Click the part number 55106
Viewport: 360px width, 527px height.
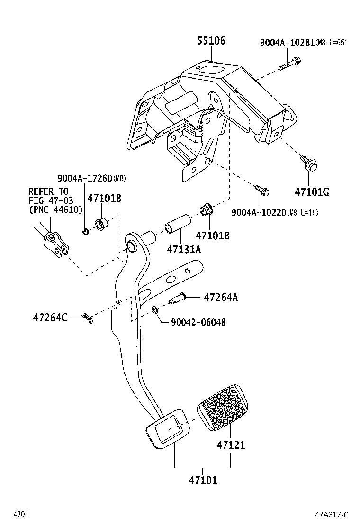point(211,41)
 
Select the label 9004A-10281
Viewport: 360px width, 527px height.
point(287,43)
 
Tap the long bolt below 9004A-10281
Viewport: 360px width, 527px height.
point(290,64)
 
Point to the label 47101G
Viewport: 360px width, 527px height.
point(312,192)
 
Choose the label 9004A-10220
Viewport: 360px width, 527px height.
point(259,212)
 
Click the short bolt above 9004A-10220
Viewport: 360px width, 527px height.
point(262,191)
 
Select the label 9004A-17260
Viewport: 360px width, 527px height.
point(85,178)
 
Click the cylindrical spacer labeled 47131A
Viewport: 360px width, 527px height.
point(178,224)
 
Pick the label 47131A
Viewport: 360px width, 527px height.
point(184,249)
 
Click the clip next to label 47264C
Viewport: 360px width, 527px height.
point(88,318)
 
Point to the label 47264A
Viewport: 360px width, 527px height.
point(221,298)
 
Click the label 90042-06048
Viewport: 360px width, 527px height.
point(198,322)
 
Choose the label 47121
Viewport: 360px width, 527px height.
point(231,445)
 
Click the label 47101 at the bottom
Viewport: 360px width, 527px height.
point(203,481)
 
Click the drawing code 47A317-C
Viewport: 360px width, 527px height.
point(332,515)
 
